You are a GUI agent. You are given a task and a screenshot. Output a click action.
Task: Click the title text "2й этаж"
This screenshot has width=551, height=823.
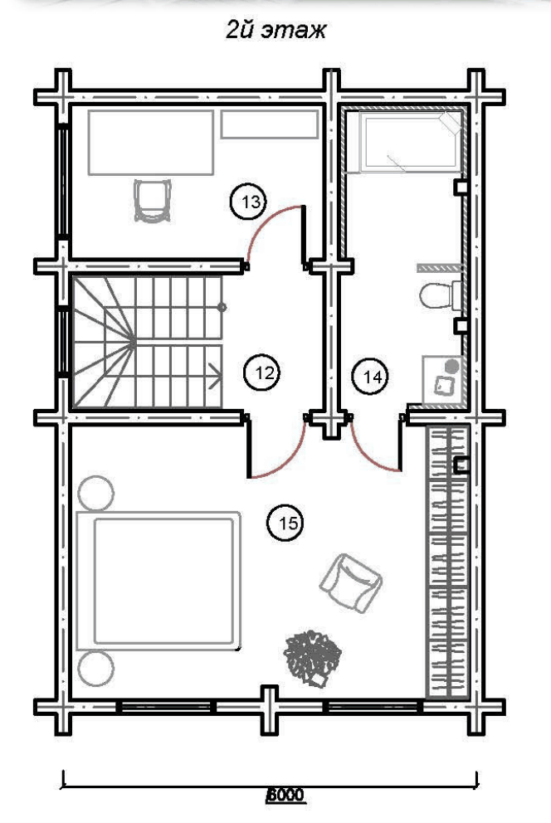tap(276, 31)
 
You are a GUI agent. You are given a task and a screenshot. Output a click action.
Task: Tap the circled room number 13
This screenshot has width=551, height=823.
tap(249, 202)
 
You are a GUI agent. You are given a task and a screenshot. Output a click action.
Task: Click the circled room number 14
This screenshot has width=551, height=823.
tap(370, 376)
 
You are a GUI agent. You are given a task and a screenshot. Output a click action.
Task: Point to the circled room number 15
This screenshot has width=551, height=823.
tap(286, 523)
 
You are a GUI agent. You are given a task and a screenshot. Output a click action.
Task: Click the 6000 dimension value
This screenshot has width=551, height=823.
tap(285, 794)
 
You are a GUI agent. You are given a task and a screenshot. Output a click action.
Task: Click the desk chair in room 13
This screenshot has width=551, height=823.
tap(152, 201)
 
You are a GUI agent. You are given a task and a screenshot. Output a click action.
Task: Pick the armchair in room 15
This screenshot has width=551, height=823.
tap(351, 582)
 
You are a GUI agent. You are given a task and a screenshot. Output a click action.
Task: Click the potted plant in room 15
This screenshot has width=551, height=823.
tap(312, 658)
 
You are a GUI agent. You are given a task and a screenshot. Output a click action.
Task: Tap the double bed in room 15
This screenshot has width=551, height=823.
tap(158, 581)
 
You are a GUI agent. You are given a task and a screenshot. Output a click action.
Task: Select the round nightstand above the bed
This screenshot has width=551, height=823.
tap(95, 492)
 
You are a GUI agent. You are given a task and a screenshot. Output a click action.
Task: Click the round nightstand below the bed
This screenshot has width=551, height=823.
tap(95, 668)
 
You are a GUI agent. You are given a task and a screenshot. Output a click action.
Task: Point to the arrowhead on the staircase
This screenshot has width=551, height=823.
tap(215, 376)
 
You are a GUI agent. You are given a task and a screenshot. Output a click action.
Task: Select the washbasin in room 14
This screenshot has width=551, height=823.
tap(442, 380)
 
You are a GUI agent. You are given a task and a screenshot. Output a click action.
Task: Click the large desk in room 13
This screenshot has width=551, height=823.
tap(151, 142)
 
